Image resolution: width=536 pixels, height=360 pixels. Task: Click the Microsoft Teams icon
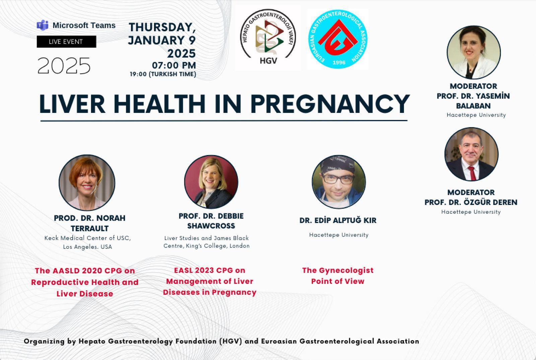click(x=43, y=25)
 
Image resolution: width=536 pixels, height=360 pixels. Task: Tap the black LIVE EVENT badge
click(x=67, y=42)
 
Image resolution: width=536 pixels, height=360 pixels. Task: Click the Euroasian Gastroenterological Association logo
click(x=338, y=39)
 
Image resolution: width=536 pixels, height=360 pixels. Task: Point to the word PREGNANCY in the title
click(x=330, y=104)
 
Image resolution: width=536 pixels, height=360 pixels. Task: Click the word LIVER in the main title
click(x=72, y=104)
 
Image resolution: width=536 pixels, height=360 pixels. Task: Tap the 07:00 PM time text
click(x=174, y=65)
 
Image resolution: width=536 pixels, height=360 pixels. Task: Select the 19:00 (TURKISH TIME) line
click(x=163, y=74)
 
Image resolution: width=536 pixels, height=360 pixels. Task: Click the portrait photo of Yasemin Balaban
click(x=474, y=52)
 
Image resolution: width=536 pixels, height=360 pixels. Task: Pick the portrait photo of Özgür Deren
click(x=471, y=154)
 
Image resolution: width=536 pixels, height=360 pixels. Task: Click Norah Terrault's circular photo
click(x=87, y=183)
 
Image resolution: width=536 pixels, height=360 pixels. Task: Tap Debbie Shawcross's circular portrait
click(x=211, y=182)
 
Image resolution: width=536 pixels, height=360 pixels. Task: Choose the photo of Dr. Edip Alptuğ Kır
click(x=339, y=182)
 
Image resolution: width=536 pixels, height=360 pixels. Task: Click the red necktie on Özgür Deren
click(x=472, y=173)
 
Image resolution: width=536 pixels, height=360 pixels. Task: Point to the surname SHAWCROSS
click(x=211, y=226)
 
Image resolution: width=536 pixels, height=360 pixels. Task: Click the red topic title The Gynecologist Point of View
click(x=338, y=276)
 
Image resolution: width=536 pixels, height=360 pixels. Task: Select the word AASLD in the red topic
click(x=66, y=271)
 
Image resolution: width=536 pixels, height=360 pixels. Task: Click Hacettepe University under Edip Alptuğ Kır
click(x=339, y=235)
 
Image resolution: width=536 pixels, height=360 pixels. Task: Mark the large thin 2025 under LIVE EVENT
click(x=64, y=66)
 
